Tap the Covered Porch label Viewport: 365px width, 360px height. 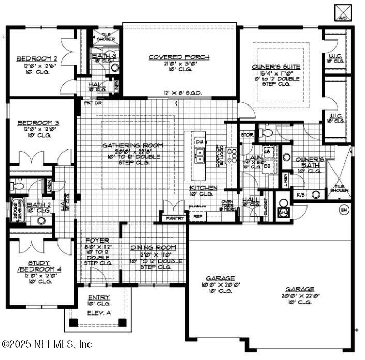179,57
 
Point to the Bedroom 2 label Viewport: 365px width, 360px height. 36,58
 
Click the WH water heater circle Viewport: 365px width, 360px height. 343,209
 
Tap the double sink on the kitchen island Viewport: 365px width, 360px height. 199,155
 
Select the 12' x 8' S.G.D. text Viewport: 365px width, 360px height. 182,93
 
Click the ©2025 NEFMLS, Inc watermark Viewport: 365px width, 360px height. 47,344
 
